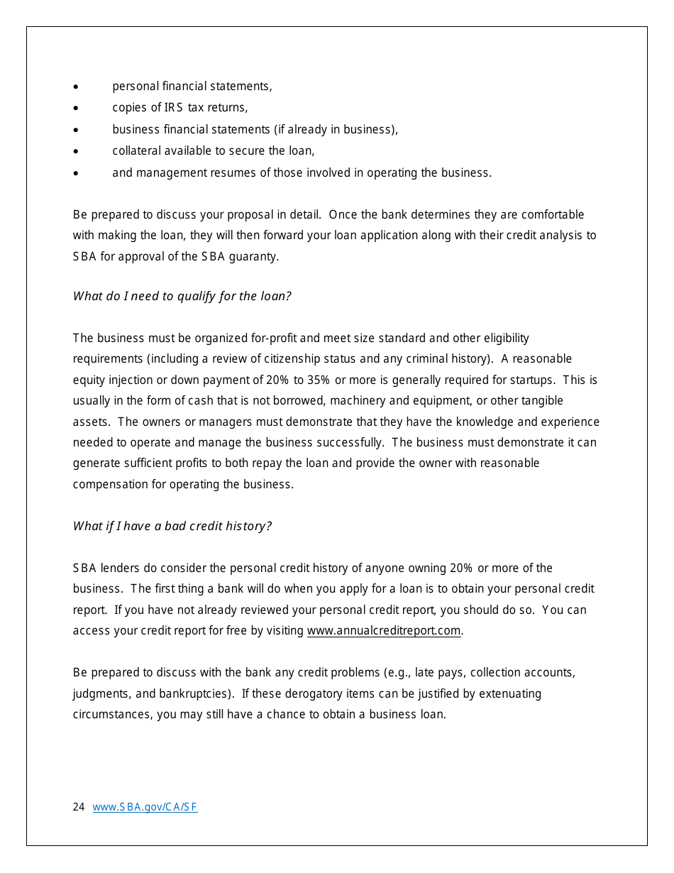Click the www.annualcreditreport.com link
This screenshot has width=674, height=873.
coord(384,631)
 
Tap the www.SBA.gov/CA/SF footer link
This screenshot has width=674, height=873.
coord(145,807)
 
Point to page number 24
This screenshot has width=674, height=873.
coord(79,807)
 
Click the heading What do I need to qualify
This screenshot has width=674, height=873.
coord(182,297)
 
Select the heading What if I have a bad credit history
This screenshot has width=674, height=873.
coord(172,527)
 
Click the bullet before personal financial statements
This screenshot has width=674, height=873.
coord(76,87)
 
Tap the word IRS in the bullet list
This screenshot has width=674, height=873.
coord(174,108)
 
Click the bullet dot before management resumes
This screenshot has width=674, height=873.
coord(76,173)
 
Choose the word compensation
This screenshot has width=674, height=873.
coord(108,485)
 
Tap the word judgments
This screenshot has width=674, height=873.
coord(99,694)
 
